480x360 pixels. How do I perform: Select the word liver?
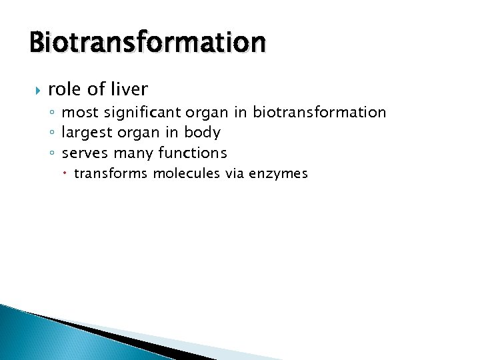[128, 89]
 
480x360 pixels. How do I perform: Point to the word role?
[64, 89]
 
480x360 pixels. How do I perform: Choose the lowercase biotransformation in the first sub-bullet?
[319, 112]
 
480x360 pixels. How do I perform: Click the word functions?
[193, 153]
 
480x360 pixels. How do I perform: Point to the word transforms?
[111, 174]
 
